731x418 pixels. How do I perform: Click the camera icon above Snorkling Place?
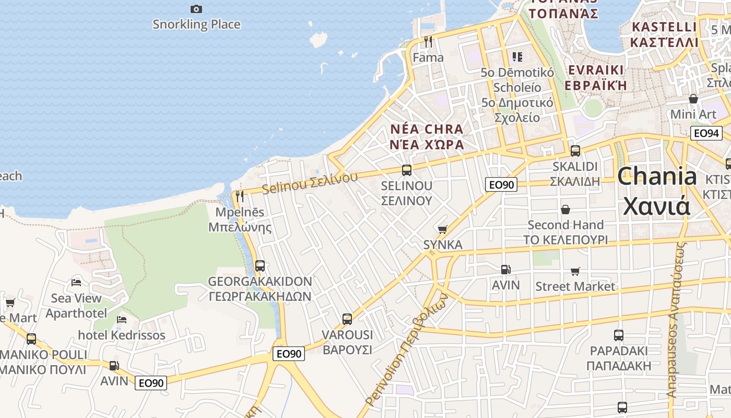click(196, 9)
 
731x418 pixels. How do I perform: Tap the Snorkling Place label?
click(196, 25)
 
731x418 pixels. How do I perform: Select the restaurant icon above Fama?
click(428, 41)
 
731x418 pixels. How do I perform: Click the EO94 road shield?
click(706, 133)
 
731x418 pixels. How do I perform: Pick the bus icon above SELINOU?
click(407, 170)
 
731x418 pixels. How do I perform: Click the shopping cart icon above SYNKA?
click(443, 229)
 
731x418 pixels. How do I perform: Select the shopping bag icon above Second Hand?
click(565, 210)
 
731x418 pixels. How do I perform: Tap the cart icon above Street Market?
click(575, 271)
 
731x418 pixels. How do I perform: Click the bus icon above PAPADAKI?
click(619, 335)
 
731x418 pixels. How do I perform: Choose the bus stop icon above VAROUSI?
click(347, 319)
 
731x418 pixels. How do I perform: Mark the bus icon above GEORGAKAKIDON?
click(260, 266)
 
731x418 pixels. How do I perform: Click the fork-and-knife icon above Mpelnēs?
click(240, 196)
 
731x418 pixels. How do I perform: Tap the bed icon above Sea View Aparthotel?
click(76, 283)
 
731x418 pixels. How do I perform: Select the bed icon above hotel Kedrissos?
click(122, 319)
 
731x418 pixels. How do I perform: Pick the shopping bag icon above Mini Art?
click(693, 99)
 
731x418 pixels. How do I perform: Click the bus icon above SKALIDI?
click(575, 151)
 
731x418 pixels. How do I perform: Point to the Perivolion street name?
click(407, 350)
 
